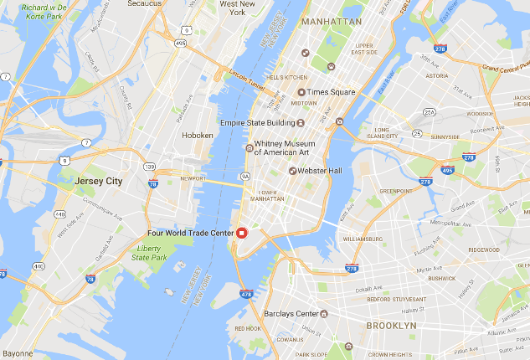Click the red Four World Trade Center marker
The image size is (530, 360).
coord(241,233)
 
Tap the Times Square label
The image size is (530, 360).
coord(331,92)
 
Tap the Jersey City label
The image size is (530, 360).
coord(98,181)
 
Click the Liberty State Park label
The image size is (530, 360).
coord(152,253)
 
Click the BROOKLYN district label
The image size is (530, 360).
coord(392,325)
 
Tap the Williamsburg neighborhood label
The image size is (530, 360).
coord(362,239)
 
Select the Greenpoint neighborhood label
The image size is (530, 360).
coord(395,191)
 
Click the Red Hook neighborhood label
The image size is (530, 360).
coord(247,328)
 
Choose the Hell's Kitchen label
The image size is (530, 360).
coord(287,78)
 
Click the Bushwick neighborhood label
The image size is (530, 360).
coord(442,276)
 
